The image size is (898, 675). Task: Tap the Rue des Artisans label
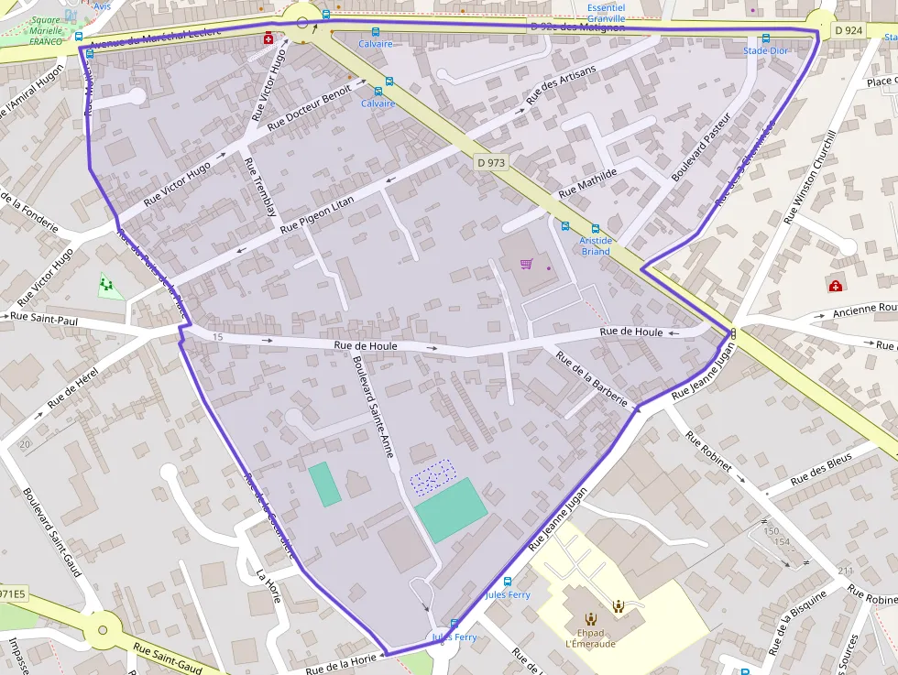click(x=561, y=88)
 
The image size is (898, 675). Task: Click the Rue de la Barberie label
click(x=592, y=378)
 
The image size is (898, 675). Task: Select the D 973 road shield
click(x=491, y=162)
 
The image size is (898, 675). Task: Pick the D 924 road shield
click(x=849, y=31)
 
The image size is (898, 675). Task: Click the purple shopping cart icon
click(x=527, y=265)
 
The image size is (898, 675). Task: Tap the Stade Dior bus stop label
click(x=765, y=50)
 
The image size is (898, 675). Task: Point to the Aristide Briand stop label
click(x=596, y=245)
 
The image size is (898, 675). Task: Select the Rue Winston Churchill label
click(x=811, y=178)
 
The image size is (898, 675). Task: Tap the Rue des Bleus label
click(x=820, y=467)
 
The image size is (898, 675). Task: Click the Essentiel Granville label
click(x=606, y=13)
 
